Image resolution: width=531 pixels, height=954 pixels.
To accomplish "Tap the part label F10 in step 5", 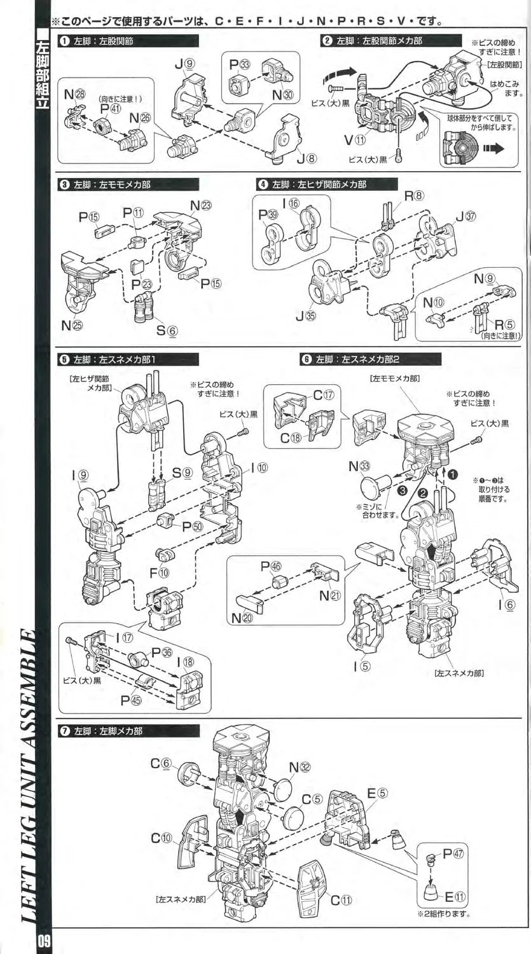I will pos(158,572).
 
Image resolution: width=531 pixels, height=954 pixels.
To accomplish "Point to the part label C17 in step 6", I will pos(322,395).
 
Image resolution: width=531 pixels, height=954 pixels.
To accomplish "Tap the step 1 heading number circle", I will pos(64,41).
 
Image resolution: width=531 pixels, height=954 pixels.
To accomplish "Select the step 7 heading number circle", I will pos(64,731).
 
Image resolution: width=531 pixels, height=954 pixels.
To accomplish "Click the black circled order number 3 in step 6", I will pos(401,490).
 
